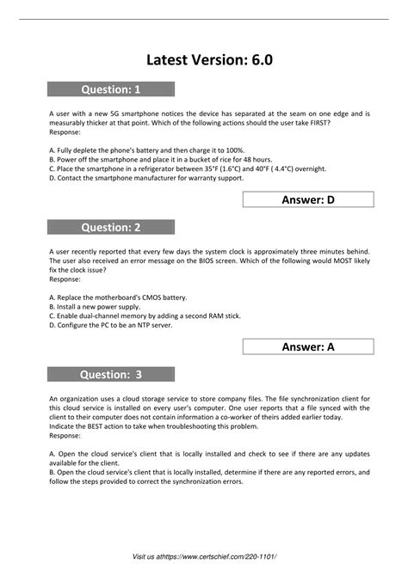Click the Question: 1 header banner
coord(110,89)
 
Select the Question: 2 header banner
coord(110,228)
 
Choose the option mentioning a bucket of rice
coord(149,160)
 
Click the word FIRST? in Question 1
coord(318,123)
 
